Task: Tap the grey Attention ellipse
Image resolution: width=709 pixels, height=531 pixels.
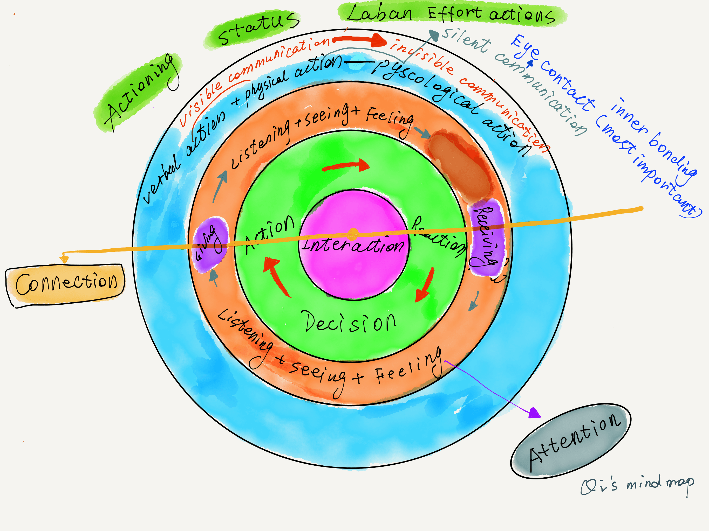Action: tap(570, 441)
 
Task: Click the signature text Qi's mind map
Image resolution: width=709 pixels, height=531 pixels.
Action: tap(636, 485)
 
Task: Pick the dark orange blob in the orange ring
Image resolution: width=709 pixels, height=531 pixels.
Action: tap(460, 165)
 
